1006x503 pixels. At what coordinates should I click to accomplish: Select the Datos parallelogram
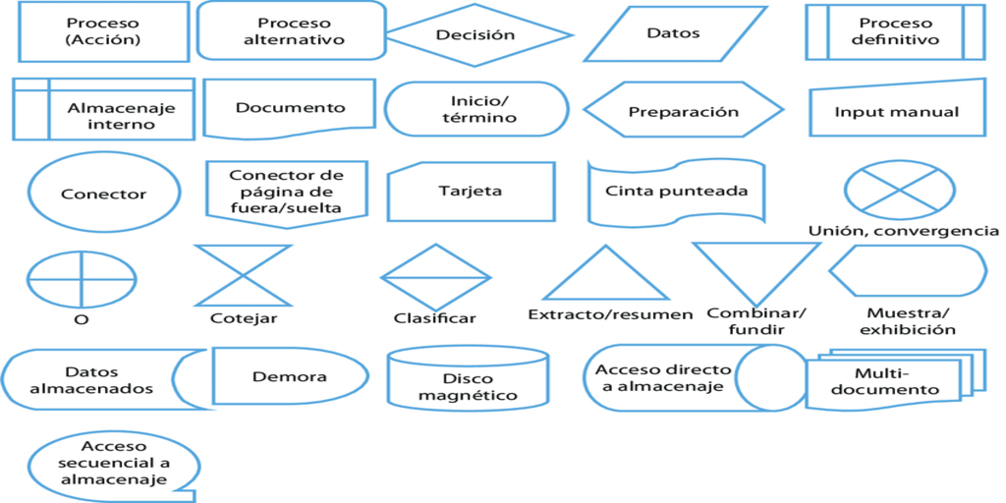[674, 33]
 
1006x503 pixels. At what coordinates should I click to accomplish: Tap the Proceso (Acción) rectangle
[103, 31]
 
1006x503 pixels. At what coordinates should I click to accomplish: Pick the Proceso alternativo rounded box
[292, 31]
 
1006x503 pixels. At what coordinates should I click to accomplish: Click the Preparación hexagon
[683, 111]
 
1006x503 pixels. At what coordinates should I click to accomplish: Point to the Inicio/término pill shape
[475, 109]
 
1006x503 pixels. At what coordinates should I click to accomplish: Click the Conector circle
[103, 194]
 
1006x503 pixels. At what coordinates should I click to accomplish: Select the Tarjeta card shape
[471, 192]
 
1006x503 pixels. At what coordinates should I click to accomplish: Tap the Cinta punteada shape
[676, 193]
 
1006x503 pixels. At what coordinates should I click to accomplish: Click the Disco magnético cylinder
[467, 380]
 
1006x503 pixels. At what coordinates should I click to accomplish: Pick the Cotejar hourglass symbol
[244, 275]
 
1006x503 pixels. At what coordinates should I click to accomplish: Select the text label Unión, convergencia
[903, 231]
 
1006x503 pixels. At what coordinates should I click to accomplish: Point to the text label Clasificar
[434, 318]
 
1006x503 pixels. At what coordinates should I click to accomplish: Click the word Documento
[290, 108]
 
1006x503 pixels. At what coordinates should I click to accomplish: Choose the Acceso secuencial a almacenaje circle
[113, 463]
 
